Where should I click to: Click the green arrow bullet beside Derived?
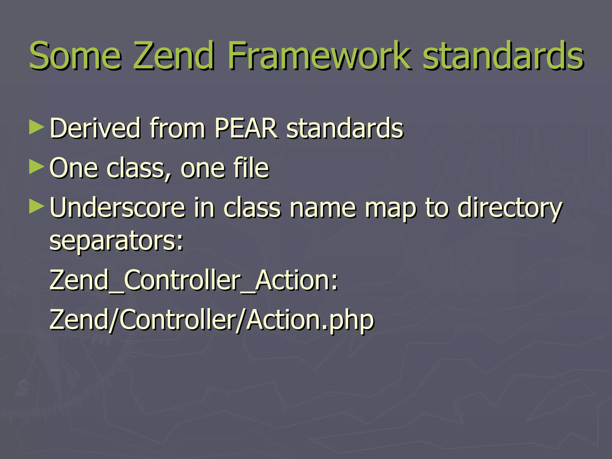(37, 127)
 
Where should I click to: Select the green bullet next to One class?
(37, 167)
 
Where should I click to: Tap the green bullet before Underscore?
(37, 207)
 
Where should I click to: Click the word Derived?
(95, 128)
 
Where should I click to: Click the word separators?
(116, 241)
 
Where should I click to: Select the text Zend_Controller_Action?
(194, 280)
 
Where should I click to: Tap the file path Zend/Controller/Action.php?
(212, 320)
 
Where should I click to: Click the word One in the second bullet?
(74, 168)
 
